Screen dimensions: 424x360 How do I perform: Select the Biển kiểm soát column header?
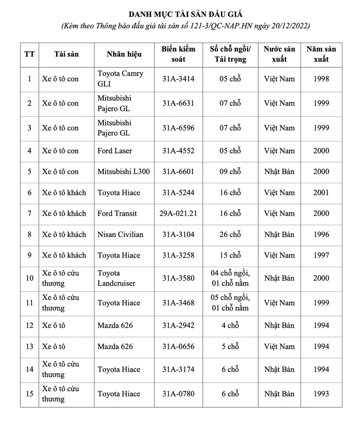click(178, 54)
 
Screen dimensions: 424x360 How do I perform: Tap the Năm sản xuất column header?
click(321, 54)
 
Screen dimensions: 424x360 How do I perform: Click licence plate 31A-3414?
click(178, 79)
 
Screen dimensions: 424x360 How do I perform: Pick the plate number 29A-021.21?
click(178, 213)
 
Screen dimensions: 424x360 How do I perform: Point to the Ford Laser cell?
click(115, 151)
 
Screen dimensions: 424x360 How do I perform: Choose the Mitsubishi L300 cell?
click(123, 171)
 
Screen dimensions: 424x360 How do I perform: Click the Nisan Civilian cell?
click(120, 234)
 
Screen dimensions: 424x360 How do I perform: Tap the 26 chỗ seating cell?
click(230, 234)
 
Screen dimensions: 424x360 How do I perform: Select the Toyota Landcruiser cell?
click(116, 278)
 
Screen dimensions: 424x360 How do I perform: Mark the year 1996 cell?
click(321, 234)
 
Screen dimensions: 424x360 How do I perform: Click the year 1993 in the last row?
click(321, 393)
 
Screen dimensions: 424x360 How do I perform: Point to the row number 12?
click(29, 325)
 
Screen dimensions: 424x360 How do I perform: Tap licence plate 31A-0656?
click(178, 346)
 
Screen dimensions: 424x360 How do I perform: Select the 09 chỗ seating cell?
click(230, 171)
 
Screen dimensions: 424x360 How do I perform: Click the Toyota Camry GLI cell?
click(120, 79)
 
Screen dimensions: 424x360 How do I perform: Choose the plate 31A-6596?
click(178, 128)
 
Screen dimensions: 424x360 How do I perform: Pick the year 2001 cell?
click(321, 192)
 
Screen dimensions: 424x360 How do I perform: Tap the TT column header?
click(29, 54)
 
